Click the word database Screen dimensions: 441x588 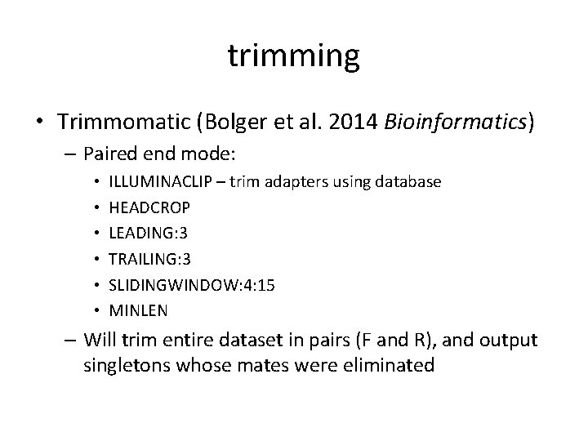click(x=408, y=181)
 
